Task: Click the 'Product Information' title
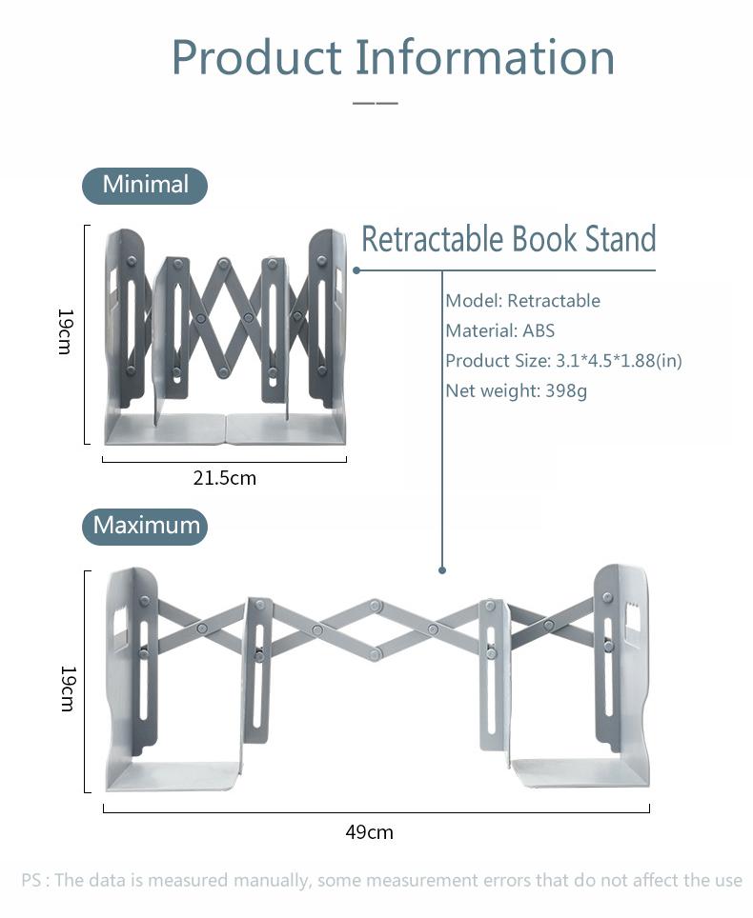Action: (393, 57)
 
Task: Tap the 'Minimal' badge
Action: (145, 185)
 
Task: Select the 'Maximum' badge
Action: (145, 526)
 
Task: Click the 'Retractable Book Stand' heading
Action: (508, 239)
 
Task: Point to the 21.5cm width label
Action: (225, 478)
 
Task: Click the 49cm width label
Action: (369, 832)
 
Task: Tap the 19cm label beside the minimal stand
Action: (65, 330)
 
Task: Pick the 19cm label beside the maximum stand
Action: (67, 688)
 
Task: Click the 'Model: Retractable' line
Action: (522, 301)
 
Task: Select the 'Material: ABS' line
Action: (499, 331)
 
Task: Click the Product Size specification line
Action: (563, 361)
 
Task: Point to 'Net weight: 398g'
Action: (516, 390)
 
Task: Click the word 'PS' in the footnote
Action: (32, 880)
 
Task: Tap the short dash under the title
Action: (375, 102)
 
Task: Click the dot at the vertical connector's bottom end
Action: (442, 570)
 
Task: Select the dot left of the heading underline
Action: (356, 270)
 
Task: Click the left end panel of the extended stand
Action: (131, 657)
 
